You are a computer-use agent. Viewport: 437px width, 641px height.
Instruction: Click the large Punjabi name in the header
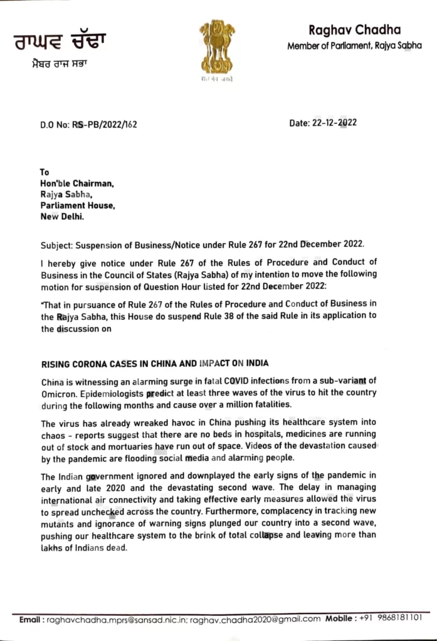[60, 43]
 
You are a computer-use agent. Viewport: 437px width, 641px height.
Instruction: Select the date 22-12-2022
[334, 123]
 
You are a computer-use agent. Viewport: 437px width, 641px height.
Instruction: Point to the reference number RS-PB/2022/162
[105, 124]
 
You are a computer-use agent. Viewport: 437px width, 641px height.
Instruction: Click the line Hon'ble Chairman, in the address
[77, 183]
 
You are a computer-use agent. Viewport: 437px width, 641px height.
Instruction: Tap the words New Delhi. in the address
[62, 217]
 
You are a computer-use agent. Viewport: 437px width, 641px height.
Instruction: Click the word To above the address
[45, 172]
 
